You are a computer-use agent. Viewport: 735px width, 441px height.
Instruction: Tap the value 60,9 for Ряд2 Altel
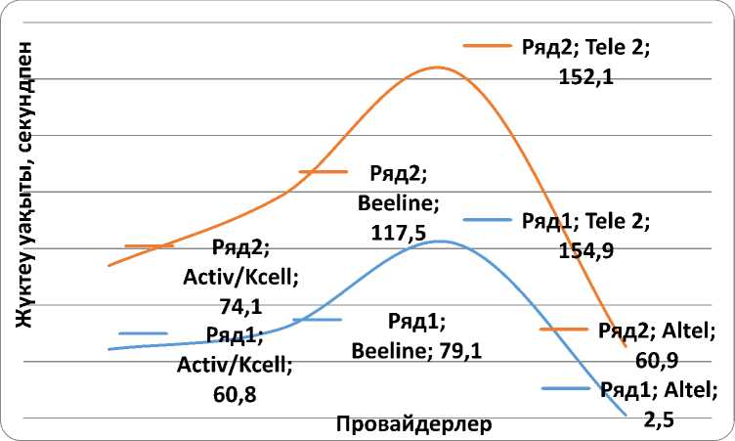pos(656,361)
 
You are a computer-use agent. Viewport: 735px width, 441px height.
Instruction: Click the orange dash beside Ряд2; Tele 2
pos(487,45)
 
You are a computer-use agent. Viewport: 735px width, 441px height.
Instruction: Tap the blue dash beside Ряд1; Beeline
pos(316,320)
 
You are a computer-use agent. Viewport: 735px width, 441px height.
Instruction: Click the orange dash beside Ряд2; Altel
pos(563,330)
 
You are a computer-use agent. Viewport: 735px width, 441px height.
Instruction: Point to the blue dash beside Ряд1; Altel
pos(565,389)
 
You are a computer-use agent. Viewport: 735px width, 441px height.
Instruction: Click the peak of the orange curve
pos(436,67)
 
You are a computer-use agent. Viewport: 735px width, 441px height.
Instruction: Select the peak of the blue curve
pos(441,241)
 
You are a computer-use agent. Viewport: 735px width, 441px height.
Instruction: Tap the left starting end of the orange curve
pos(108,265)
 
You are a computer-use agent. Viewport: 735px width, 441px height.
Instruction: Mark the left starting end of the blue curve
pos(108,349)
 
